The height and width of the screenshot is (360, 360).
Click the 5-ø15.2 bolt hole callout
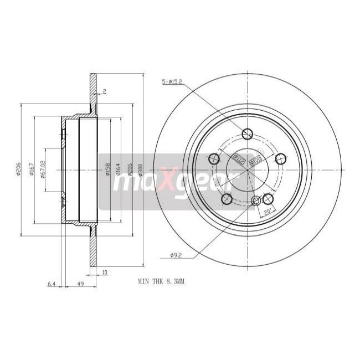tap(172, 83)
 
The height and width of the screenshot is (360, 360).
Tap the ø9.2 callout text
tap(176, 255)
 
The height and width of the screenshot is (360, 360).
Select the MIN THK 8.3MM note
tap(161, 281)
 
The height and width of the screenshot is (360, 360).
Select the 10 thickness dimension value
tap(105, 272)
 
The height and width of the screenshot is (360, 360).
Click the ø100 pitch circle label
tap(255, 161)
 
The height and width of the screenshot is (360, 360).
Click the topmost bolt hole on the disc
tap(248, 133)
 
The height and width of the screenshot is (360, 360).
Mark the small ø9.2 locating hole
tap(255, 201)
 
